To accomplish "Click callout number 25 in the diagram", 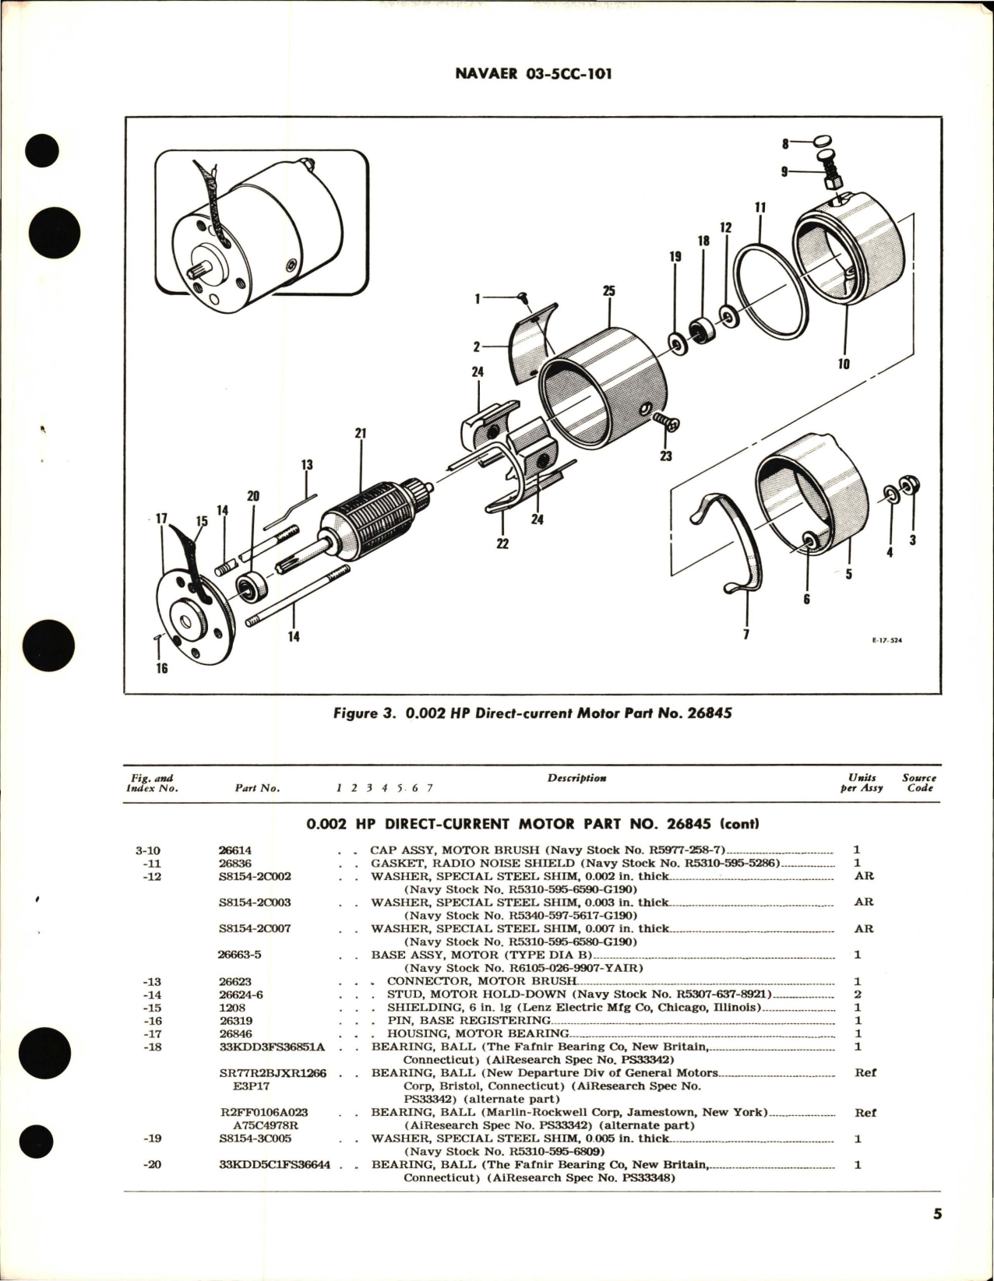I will [608, 290].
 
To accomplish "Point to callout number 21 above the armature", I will [360, 433].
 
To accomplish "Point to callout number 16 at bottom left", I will [161, 667].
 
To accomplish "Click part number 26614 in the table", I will [235, 850].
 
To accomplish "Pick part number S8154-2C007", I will [255, 928].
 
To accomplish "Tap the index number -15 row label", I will [154, 1008].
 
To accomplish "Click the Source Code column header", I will [919, 783].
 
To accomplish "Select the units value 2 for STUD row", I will [857, 994].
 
